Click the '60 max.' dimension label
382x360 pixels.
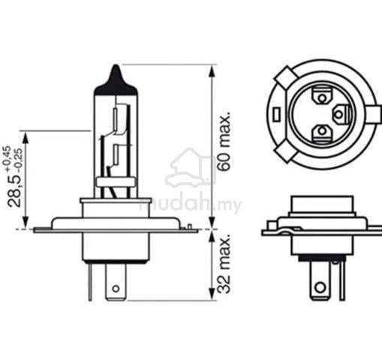pos(224,142)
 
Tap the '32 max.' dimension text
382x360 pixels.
pos(224,264)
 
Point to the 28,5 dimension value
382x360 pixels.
pos(14,190)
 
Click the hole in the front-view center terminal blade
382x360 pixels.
pos(116,289)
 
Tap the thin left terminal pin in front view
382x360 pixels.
pos(90,282)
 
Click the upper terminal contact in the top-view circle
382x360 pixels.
pos(322,95)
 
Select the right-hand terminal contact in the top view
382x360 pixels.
pos(341,115)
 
